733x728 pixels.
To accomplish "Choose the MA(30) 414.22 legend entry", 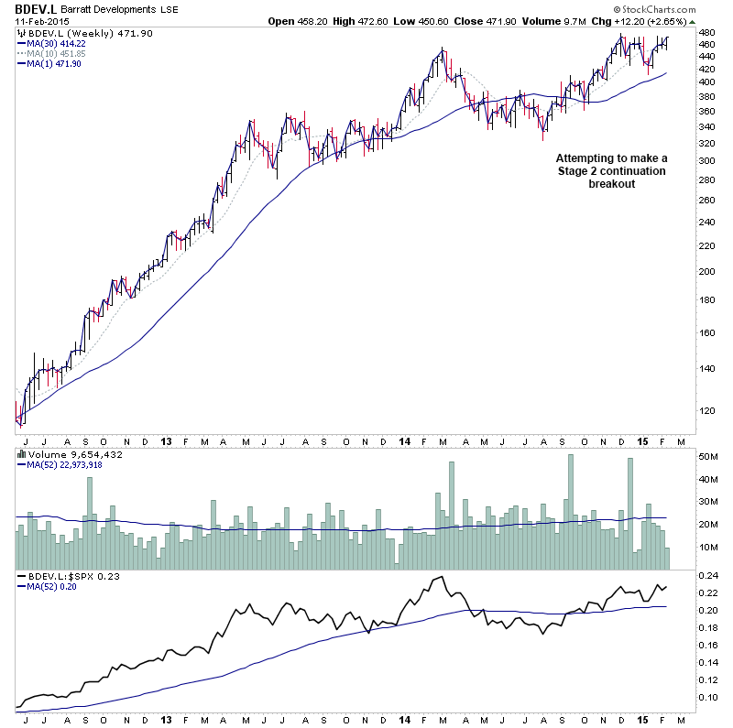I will (x=57, y=42).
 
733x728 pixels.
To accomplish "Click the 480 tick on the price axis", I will (x=706, y=33).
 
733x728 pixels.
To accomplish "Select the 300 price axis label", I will (x=706, y=160).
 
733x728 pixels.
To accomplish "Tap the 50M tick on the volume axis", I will (x=707, y=456).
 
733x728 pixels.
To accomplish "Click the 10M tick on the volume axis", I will (x=707, y=547).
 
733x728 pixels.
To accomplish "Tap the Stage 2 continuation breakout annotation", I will (x=612, y=170).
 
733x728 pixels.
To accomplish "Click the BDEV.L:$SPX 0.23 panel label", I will (x=69, y=577).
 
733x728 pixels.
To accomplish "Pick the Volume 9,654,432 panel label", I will (x=65, y=453).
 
